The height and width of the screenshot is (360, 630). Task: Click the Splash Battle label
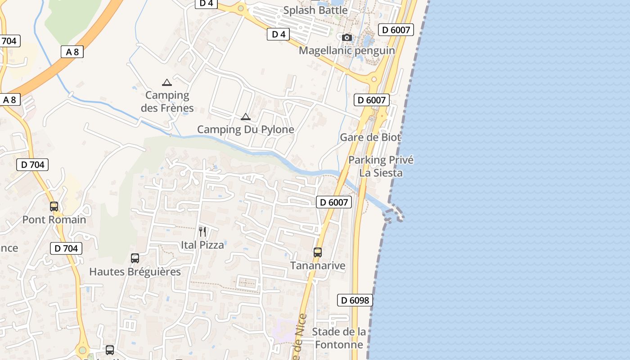(x=315, y=10)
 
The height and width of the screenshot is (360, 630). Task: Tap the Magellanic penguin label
(x=346, y=50)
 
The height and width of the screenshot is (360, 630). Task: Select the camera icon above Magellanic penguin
(x=346, y=37)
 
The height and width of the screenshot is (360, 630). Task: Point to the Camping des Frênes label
(x=167, y=101)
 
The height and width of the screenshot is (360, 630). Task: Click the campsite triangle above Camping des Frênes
(x=167, y=82)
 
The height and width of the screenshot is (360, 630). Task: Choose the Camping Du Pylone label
(x=246, y=130)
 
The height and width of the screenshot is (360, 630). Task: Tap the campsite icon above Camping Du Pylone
(x=245, y=117)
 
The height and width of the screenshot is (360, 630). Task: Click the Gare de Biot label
(x=370, y=137)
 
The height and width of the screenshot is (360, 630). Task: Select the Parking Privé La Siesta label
(x=381, y=166)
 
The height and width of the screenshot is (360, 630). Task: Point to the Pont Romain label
(x=54, y=220)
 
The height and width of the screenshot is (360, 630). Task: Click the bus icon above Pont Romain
(x=54, y=207)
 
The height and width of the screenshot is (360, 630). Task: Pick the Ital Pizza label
(x=202, y=245)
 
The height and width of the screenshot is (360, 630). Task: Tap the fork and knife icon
(x=202, y=232)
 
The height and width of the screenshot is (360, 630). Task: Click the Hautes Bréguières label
(x=135, y=272)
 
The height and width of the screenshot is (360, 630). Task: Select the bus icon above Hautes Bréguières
(x=135, y=258)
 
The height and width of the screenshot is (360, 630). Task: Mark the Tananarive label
(x=318, y=265)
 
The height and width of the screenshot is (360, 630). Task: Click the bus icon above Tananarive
(x=318, y=252)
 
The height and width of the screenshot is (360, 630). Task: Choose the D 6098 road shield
(x=355, y=300)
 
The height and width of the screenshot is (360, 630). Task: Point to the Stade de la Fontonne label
(x=339, y=338)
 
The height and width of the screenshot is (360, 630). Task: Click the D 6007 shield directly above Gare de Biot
(x=372, y=100)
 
